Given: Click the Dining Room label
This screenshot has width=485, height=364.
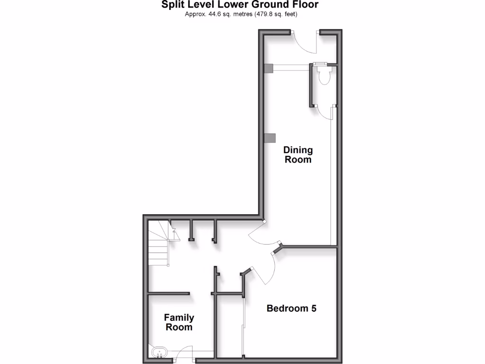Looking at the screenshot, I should tap(298, 155).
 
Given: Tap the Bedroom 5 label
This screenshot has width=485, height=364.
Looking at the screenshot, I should tap(291, 309).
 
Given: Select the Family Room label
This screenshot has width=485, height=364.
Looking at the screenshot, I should tap(179, 322).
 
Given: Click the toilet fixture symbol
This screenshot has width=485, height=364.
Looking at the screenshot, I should tap(324, 76).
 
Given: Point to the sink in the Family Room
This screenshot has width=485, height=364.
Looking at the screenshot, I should tap(160, 352).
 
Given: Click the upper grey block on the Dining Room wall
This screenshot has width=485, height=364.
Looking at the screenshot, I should tap(269, 69).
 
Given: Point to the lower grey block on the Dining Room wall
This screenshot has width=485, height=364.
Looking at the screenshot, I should tap(269, 138).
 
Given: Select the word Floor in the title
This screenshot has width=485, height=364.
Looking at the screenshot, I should tap(305, 5).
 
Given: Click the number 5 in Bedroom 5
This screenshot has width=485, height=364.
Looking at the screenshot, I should tap(313, 309).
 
